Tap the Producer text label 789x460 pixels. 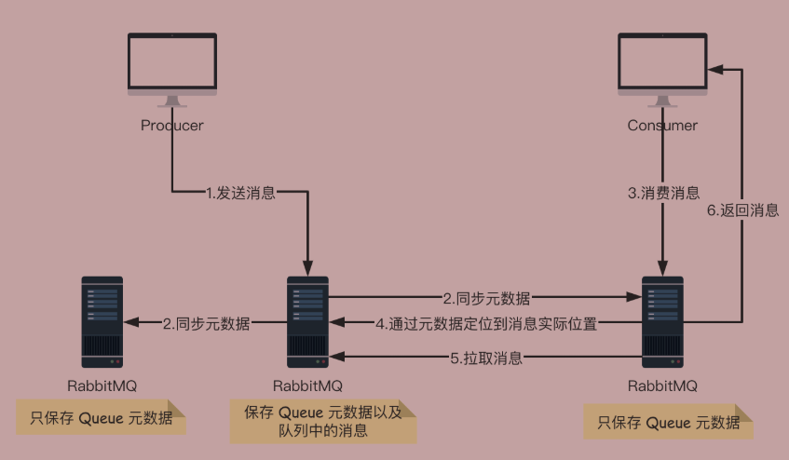(x=172, y=126)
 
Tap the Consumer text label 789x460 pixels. (x=662, y=126)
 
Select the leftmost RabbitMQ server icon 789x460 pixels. (x=102, y=321)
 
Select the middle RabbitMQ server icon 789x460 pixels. (x=307, y=321)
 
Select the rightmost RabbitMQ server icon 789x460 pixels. (x=662, y=321)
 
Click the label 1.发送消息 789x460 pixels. (x=240, y=193)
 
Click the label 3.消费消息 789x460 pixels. (x=663, y=193)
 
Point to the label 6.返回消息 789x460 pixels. (x=742, y=210)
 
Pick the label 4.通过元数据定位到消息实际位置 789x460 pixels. (x=486, y=323)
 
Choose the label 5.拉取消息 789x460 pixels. (x=485, y=358)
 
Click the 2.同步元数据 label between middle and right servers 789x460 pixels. (x=486, y=299)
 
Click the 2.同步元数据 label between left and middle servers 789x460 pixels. (x=206, y=323)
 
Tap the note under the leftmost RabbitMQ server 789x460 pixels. (x=102, y=418)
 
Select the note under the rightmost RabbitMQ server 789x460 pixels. (x=668, y=422)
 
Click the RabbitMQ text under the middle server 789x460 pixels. (x=307, y=385)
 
